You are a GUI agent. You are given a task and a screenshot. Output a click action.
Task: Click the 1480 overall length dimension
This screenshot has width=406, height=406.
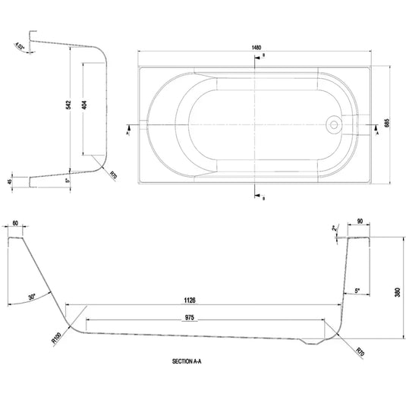pos(258,47)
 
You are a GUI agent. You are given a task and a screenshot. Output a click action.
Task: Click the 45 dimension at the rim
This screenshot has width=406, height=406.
pos(9,181)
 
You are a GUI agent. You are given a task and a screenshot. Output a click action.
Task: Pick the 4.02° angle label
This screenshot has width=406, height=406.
pos(19,47)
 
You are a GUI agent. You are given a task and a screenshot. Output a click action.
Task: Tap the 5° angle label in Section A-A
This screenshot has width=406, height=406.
pos(357,290)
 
